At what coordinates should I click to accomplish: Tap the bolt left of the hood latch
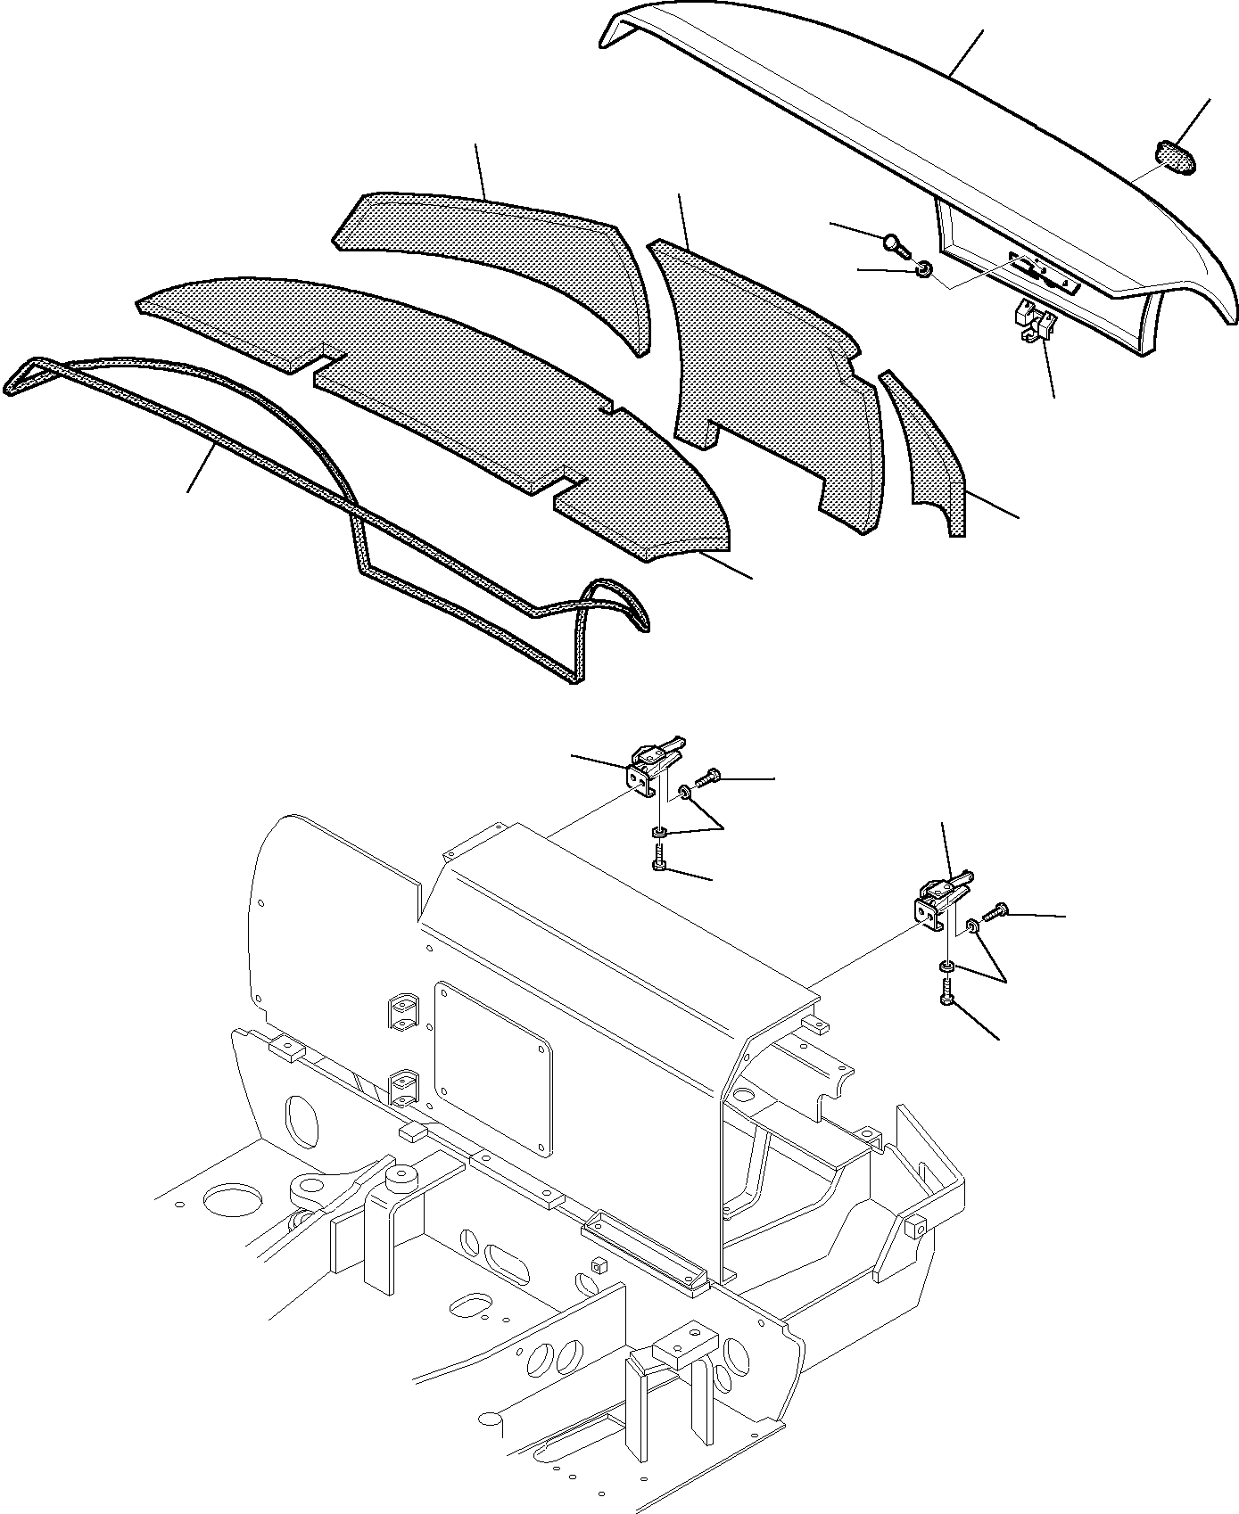point(895,242)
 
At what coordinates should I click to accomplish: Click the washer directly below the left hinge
point(659,833)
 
